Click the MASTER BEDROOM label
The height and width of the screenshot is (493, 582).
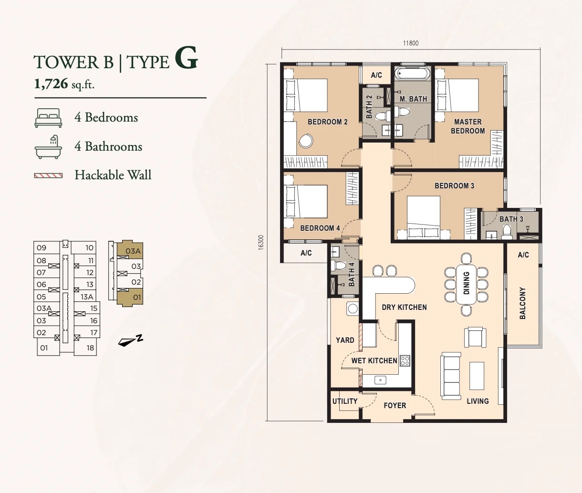468,126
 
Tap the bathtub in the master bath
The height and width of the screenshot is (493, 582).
412,74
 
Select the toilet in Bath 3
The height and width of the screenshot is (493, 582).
507,232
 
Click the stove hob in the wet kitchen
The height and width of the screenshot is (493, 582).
405,361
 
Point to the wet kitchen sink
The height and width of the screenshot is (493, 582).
380,380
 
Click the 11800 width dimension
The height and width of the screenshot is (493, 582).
411,43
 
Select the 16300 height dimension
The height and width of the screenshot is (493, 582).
261,242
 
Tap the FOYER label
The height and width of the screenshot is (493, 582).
395,405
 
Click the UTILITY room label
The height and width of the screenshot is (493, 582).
345,401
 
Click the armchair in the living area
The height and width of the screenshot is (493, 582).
475,338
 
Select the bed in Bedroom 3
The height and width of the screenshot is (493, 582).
424,218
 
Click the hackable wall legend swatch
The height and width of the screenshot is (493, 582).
48,175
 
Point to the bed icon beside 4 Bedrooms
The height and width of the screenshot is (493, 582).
48,118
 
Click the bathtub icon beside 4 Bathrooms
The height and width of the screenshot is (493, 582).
48,147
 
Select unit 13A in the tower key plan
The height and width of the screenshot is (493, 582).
87,297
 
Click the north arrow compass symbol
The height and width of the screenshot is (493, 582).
130,340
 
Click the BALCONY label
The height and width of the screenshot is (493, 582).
522,303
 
